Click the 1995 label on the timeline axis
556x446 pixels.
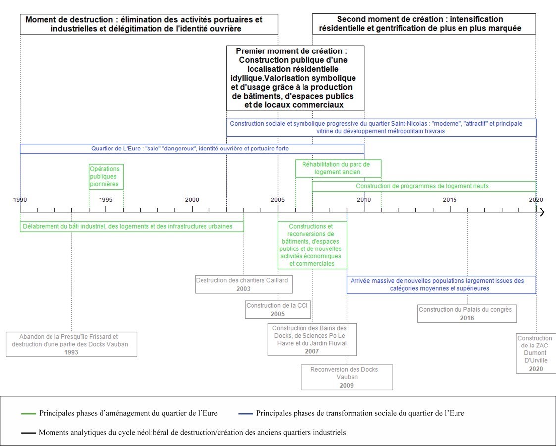point(105,199)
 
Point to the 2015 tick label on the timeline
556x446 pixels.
point(450,199)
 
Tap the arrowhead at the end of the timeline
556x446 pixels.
point(542,212)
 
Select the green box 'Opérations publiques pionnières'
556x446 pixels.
point(106,177)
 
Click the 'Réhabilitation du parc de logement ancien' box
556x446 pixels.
point(338,168)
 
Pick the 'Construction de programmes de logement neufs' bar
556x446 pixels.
point(424,186)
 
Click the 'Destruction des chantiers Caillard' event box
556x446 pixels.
point(243,284)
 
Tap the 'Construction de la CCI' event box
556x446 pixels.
point(277,310)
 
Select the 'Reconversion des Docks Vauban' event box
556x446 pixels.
point(347,377)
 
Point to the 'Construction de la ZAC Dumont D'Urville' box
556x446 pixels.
point(536,353)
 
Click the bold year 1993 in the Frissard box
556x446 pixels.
point(71,352)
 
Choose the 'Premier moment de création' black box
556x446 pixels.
point(295,78)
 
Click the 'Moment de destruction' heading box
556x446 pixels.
point(149,24)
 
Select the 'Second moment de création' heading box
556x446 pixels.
point(424,24)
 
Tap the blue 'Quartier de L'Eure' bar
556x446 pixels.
point(192,149)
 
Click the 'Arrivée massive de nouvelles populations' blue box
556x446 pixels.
point(441,284)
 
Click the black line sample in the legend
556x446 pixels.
point(28,433)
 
